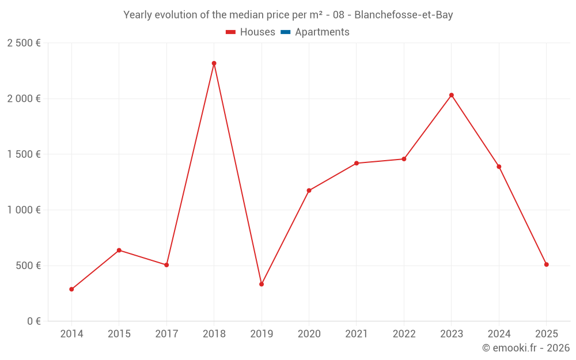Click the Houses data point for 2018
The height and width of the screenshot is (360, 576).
(214, 63)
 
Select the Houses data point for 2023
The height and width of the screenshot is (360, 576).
(452, 95)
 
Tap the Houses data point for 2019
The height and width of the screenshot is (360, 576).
(262, 284)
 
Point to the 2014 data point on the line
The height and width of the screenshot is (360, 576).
(71, 289)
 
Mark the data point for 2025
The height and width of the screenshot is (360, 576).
(547, 264)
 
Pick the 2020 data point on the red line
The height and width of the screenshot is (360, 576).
(309, 191)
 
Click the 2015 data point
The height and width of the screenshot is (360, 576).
(119, 250)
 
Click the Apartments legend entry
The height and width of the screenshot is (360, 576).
(322, 32)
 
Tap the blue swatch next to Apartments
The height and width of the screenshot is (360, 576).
(285, 32)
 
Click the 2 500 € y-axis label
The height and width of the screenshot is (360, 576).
(24, 43)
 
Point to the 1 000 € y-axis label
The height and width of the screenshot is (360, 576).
(24, 210)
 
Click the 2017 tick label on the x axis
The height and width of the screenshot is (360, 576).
(166, 334)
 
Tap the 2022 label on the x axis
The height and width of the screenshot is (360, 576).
(404, 334)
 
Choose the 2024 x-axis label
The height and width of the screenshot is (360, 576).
(499, 334)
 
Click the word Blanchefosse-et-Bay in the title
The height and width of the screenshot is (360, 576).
(403, 15)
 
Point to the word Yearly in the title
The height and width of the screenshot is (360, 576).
(138, 15)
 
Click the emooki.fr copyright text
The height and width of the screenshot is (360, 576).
(525, 348)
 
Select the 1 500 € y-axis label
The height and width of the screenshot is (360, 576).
(24, 154)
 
